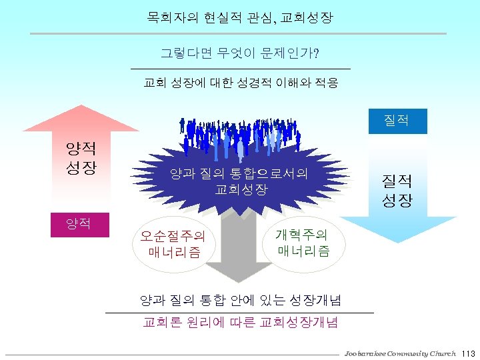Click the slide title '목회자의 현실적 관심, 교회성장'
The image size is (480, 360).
point(239,15)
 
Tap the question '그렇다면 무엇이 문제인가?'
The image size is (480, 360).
point(239,52)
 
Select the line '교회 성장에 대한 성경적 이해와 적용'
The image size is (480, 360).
point(241,83)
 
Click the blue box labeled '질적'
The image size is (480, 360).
point(397,120)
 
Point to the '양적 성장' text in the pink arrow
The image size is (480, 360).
point(79,157)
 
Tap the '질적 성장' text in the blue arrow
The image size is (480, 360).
point(397,190)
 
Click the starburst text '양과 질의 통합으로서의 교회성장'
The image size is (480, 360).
point(239,181)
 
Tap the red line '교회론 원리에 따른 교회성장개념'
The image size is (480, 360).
point(240,323)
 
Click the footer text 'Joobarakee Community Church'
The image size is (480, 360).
point(400,353)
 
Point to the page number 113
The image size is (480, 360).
point(467,353)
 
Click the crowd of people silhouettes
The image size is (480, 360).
point(240,133)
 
